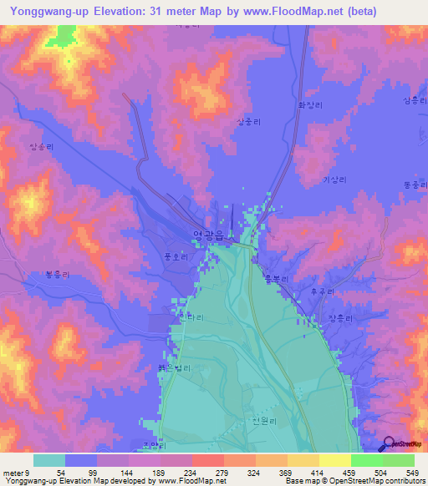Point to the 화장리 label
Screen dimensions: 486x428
(x=309, y=106)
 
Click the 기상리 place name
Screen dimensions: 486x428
(x=334, y=180)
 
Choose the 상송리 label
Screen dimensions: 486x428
(x=41, y=146)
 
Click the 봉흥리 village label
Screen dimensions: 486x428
(x=33, y=273)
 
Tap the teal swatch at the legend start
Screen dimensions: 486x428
(x=49, y=460)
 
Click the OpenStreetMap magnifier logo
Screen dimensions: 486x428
(x=387, y=444)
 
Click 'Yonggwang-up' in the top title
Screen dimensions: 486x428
(x=51, y=12)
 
